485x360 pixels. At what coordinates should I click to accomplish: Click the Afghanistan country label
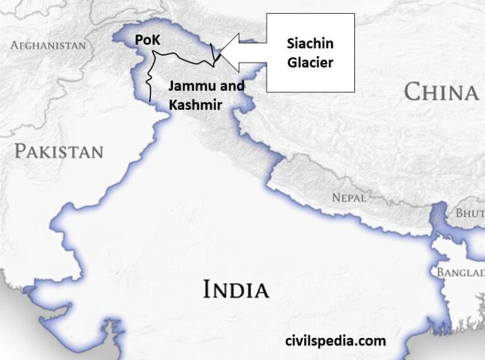48,45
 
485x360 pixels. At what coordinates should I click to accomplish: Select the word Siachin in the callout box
310,44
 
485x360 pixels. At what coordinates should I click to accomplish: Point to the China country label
441,92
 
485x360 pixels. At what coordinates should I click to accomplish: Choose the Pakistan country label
59,152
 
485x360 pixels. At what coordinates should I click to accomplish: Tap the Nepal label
349,198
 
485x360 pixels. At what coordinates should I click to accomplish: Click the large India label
236,290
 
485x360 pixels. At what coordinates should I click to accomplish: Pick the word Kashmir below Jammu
195,105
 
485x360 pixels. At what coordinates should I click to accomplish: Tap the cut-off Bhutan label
470,213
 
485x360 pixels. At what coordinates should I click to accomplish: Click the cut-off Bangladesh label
460,272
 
